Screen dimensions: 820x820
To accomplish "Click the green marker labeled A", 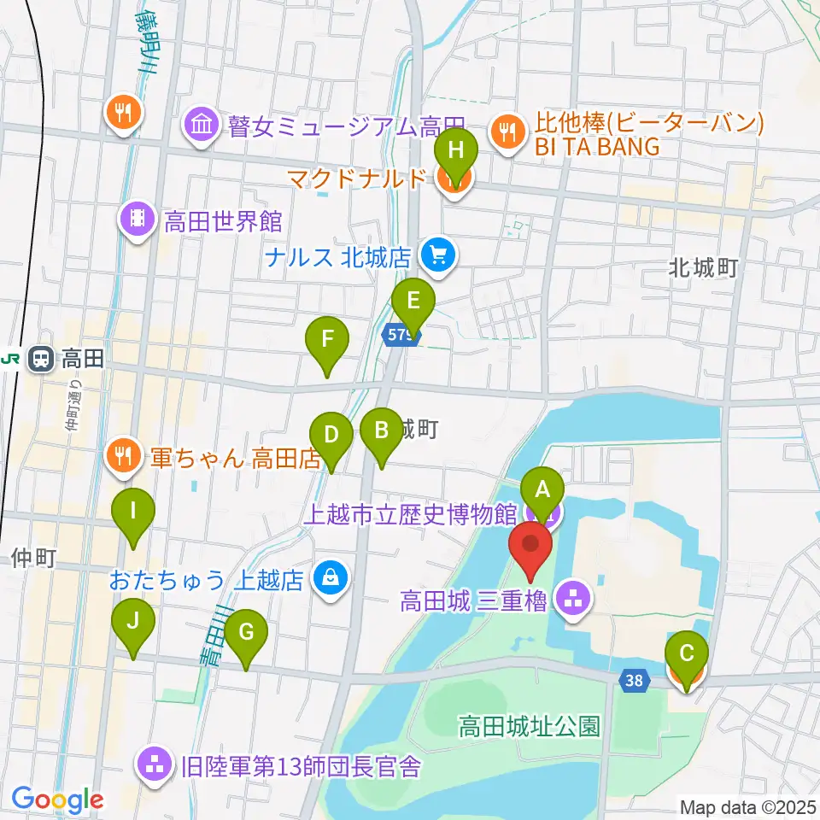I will click(x=542, y=490).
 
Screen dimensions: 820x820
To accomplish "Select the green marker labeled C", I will click(x=686, y=655).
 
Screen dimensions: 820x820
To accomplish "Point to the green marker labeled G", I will click(x=246, y=633).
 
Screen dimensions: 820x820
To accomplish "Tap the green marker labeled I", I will click(x=133, y=512).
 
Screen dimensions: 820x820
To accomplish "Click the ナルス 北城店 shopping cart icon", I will click(x=440, y=255).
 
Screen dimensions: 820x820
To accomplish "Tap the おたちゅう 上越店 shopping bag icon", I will click(x=329, y=579).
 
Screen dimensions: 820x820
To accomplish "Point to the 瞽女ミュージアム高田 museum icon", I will click(x=202, y=127).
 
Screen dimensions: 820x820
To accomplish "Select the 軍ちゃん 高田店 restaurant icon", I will click(x=124, y=457).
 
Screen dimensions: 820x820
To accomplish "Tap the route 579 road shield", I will click(x=399, y=335).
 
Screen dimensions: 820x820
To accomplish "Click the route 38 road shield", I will click(x=633, y=680).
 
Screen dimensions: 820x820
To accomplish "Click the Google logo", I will click(x=57, y=799).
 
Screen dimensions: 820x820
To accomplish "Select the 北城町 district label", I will click(x=703, y=268).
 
